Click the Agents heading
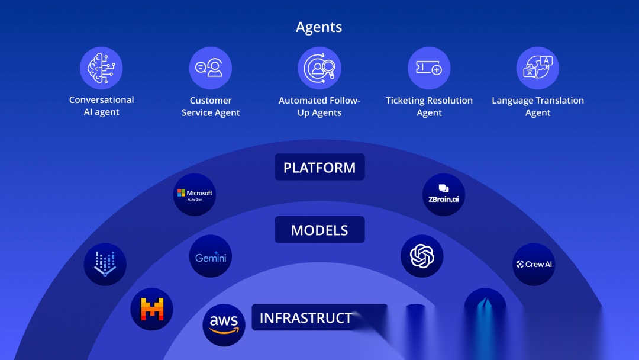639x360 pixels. pos(319,27)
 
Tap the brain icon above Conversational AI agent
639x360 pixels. pos(101,68)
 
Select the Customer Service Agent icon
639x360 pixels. pos(210,68)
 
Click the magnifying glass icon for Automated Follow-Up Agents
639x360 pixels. pos(319,68)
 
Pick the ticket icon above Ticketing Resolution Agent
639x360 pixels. pos(429,68)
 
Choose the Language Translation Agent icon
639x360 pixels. pos(537,68)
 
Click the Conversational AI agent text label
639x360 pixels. pos(102,106)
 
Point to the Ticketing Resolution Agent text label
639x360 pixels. pos(429,107)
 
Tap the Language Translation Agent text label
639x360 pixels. pos(538,107)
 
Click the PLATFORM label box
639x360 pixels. pos(319,168)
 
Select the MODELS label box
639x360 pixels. pos(319,230)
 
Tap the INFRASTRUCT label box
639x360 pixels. pos(314,318)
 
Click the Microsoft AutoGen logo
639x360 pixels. pos(195,194)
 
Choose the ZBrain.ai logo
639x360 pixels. pos(444,194)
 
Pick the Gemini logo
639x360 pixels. pos(211,257)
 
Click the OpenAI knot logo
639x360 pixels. pos(422,256)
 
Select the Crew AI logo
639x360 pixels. pos(534,264)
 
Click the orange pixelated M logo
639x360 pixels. pos(151,309)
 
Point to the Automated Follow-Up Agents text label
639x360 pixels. pos(319,107)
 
